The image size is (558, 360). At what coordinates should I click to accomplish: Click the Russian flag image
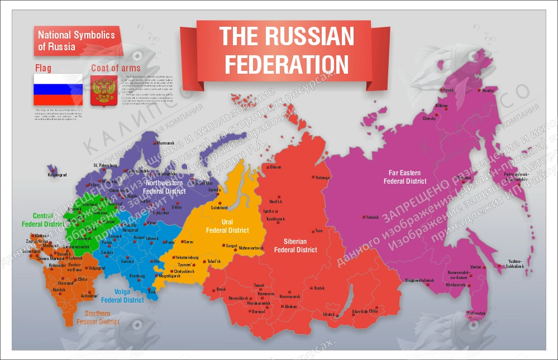click(58, 90)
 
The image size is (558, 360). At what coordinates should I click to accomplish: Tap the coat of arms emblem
click(103, 90)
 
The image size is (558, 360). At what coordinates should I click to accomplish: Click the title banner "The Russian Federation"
click(287, 50)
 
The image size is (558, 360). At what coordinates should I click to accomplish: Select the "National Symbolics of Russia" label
click(76, 41)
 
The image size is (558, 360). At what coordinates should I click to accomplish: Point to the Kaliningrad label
click(57, 175)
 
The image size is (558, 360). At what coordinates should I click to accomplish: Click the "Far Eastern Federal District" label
click(406, 177)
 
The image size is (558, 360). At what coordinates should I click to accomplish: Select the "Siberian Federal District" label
click(295, 246)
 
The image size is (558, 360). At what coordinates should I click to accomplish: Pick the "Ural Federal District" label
click(227, 226)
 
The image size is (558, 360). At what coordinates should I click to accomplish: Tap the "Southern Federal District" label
click(98, 318)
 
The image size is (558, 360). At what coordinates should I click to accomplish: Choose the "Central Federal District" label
click(42, 220)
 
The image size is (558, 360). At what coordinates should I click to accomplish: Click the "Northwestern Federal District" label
click(164, 187)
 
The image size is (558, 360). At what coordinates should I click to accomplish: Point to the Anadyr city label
click(488, 90)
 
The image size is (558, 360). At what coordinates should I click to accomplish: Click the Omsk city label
click(221, 289)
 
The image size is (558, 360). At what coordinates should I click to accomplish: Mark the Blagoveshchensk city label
click(419, 280)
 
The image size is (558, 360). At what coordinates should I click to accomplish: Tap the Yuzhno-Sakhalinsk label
click(516, 264)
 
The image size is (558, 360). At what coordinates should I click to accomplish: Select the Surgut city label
click(231, 246)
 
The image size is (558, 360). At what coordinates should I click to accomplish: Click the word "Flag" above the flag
click(43, 68)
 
